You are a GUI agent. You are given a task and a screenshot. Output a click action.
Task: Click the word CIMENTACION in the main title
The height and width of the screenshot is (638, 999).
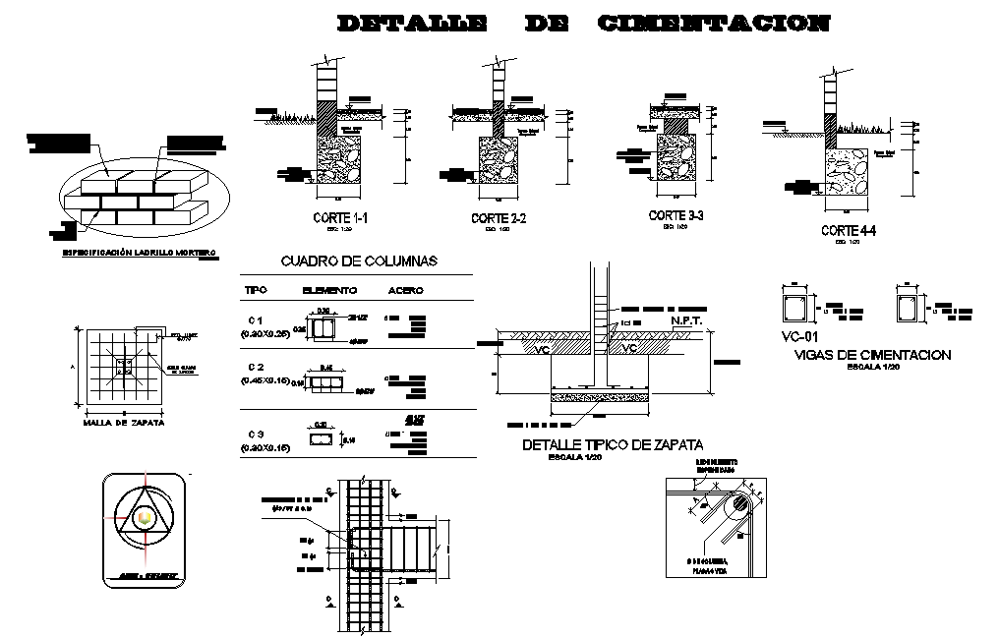(713, 23)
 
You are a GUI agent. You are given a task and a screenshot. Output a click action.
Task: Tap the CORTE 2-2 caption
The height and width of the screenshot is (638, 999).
(499, 218)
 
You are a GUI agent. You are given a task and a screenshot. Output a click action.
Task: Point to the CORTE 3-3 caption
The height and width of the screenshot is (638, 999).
(676, 215)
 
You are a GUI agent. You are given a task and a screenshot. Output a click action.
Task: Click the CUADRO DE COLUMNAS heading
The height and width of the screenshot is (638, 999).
(359, 261)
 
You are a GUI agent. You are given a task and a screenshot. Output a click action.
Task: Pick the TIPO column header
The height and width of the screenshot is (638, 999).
(256, 291)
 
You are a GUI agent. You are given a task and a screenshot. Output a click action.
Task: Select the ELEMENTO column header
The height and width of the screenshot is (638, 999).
(329, 291)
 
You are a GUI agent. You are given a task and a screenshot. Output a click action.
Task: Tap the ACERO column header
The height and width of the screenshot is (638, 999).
(405, 291)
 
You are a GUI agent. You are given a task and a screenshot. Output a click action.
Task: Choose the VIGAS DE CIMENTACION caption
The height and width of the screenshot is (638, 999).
(872, 354)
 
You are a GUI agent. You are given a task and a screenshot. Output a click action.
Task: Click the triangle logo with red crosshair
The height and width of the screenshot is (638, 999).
(145, 518)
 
